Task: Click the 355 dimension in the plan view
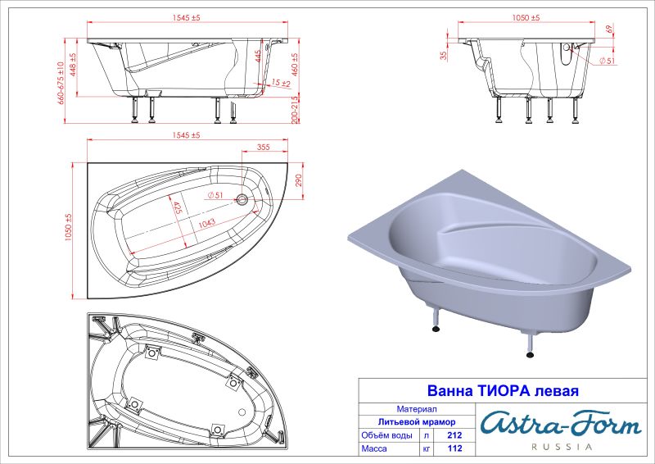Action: pyautogui.click(x=263, y=148)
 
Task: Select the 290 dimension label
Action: pyautogui.click(x=300, y=180)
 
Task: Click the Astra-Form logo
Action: pyautogui.click(x=560, y=423)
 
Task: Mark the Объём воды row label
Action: pyautogui.click(x=388, y=435)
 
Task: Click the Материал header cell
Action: pyautogui.click(x=416, y=407)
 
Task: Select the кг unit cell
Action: pyautogui.click(x=427, y=449)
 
